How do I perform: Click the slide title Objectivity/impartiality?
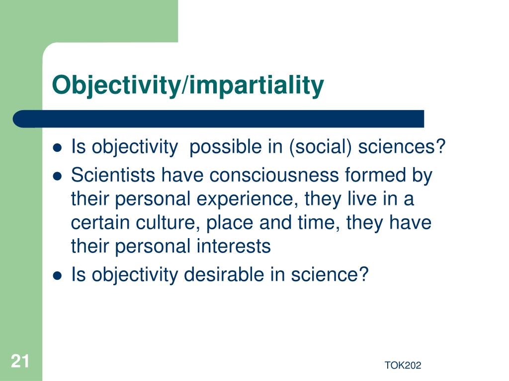pos(188,85)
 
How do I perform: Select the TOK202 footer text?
pos(403,366)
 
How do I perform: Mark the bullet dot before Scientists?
pos(58,176)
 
